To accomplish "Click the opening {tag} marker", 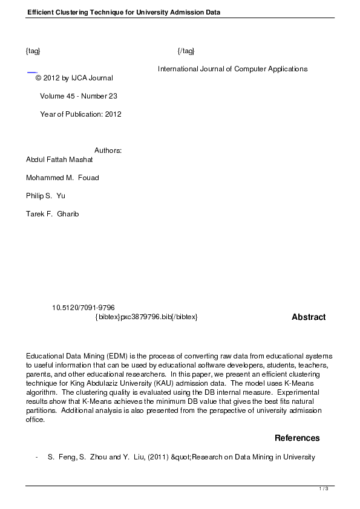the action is [33, 51].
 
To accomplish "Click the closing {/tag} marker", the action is [186, 51].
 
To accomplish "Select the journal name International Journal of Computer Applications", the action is [232, 69].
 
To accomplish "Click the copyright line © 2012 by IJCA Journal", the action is [74, 78].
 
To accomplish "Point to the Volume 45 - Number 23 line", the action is [79, 96].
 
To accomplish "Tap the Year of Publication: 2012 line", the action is [80, 114].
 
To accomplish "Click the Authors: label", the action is [108, 151].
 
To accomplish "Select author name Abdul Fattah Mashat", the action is [59, 160].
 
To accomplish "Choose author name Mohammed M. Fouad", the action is [62, 178].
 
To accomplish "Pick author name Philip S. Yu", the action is [45, 196].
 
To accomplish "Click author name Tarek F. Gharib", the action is [53, 214].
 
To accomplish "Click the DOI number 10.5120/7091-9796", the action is [83, 308].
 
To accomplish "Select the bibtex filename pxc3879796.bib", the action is [146, 317].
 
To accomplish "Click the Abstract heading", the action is [309, 317].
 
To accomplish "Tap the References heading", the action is [297, 438].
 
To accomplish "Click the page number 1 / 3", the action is [324, 488].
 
